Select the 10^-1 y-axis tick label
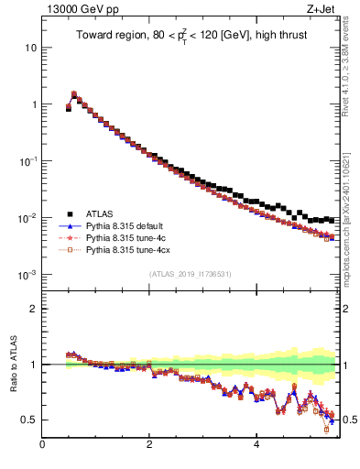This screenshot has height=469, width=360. pos(28,161)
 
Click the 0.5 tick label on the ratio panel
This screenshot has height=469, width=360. pos(29,420)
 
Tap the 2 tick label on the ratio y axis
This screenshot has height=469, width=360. pos(34,309)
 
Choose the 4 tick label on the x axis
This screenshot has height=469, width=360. pos(256,445)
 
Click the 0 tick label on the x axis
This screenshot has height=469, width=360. pos(42,445)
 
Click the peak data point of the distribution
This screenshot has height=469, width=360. pos(73,93)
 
